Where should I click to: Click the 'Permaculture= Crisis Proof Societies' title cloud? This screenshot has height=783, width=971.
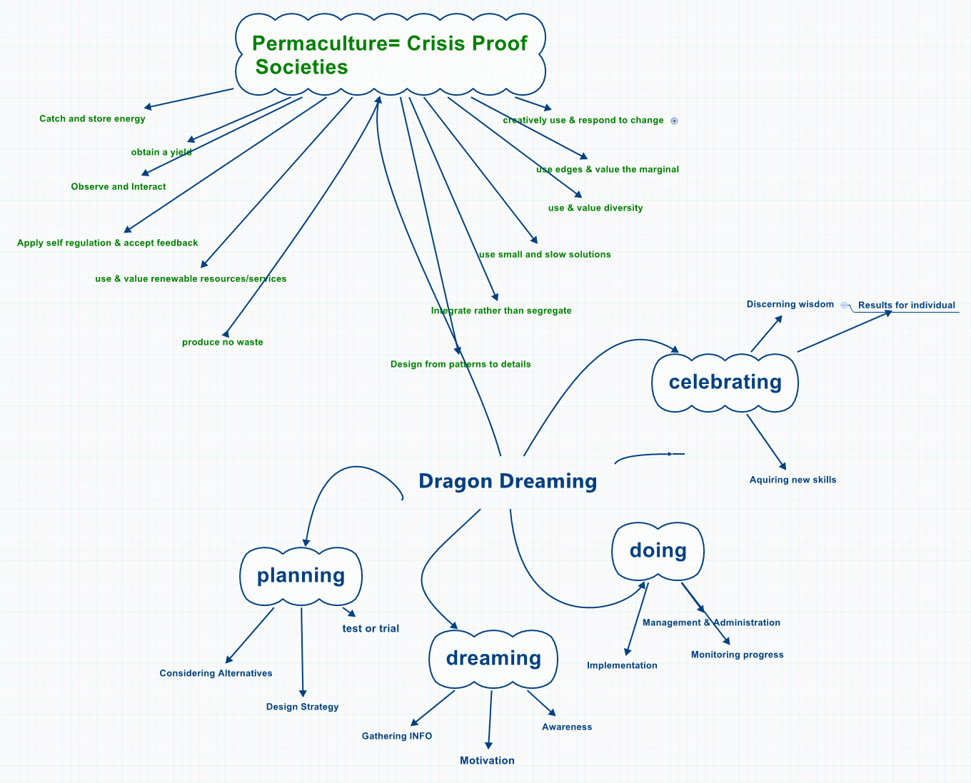tap(390, 55)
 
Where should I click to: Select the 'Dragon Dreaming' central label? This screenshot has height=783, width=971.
tap(508, 481)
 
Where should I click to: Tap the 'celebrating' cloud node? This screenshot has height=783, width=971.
tap(725, 382)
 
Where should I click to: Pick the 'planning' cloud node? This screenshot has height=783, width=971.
tap(301, 575)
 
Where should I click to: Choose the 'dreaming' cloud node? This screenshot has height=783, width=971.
tap(493, 658)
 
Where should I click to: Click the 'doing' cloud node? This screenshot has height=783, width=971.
tap(658, 550)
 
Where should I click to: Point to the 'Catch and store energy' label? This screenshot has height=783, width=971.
tap(92, 119)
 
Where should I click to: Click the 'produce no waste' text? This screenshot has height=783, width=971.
tap(222, 343)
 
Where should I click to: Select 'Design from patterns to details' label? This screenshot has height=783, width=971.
tap(461, 365)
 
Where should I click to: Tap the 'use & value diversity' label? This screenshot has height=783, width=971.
tap(595, 208)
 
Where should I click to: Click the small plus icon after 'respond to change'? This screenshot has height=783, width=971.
tap(674, 121)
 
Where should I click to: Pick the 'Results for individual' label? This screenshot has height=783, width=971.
tap(906, 305)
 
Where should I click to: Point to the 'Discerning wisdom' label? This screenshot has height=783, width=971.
tap(790, 305)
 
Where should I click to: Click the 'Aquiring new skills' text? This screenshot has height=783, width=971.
tap(793, 480)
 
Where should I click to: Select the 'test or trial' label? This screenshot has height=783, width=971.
tap(371, 629)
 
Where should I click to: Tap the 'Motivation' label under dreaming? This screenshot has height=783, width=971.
tap(487, 761)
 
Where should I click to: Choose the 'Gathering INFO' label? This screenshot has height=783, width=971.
tap(396, 737)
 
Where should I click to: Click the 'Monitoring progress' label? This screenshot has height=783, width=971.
tap(737, 655)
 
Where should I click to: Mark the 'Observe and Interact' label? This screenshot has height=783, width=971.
tap(119, 187)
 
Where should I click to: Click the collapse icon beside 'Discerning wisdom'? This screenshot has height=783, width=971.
tap(844, 305)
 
